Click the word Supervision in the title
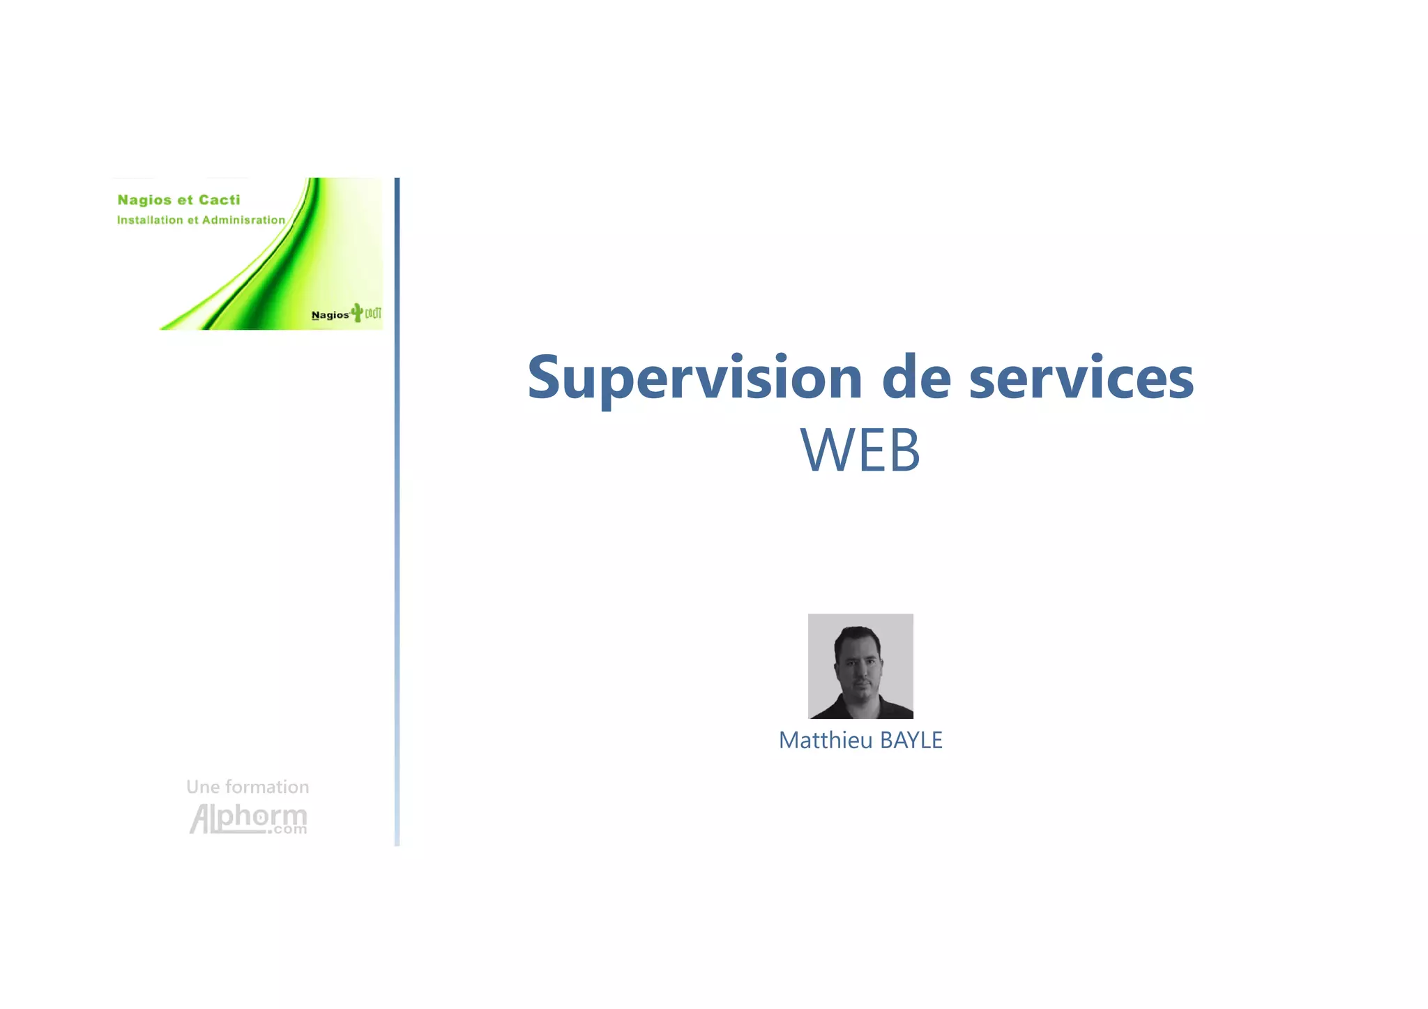coord(694,378)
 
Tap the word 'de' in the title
coord(916,378)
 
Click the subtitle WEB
coord(860,450)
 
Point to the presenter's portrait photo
coord(860,666)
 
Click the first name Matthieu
coord(826,740)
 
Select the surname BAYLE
coord(911,740)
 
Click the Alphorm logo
coord(248,818)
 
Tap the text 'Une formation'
coord(248,787)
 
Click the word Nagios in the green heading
coord(144,200)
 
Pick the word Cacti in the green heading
coord(219,200)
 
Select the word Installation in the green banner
coord(150,220)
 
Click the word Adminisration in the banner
coord(243,220)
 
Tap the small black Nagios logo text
coord(330,315)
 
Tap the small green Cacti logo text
coord(373,313)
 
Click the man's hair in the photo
coord(858,635)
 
